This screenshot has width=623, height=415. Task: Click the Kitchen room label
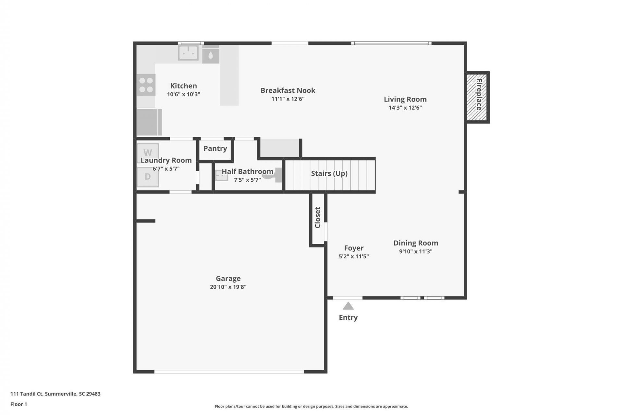click(183, 86)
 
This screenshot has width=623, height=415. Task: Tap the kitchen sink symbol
click(188, 53)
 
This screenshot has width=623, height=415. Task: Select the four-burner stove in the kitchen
click(146, 85)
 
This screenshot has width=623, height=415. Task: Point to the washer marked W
click(148, 152)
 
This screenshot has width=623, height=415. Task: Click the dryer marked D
click(148, 177)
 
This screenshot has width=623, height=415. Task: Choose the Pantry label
click(215, 148)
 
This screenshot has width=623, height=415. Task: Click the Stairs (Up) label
click(329, 173)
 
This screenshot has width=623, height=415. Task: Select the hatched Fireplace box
click(478, 97)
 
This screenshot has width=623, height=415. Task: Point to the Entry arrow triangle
click(348, 306)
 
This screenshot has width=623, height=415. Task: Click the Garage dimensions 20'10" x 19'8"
click(228, 287)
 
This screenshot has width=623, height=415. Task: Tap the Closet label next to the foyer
click(318, 218)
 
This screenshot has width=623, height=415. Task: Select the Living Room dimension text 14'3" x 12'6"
click(405, 108)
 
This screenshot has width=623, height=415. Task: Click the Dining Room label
click(416, 243)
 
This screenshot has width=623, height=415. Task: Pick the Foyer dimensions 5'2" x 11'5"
click(354, 256)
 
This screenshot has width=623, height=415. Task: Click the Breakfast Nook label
click(288, 90)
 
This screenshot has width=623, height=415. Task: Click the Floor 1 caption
click(19, 404)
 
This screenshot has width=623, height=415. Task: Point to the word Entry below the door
click(348, 317)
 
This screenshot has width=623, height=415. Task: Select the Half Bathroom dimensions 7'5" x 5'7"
click(247, 180)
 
